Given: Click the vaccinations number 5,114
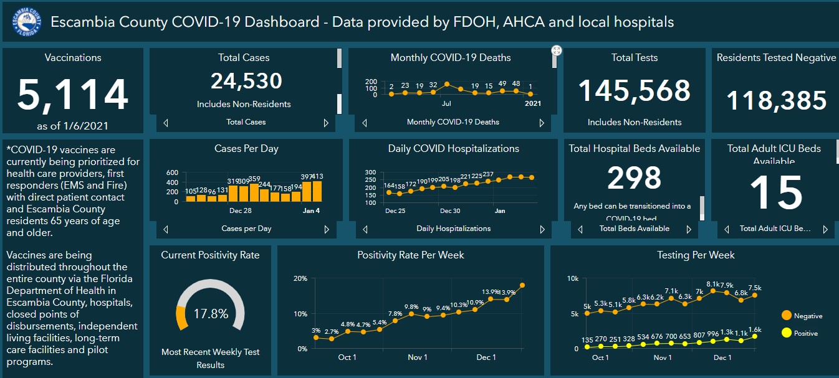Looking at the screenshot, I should (x=73, y=95).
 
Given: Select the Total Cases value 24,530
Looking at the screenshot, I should (x=246, y=81).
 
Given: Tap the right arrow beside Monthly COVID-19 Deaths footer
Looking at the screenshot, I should (x=542, y=123).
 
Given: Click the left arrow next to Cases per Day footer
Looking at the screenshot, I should (x=166, y=229).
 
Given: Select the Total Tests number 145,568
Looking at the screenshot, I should (x=635, y=91).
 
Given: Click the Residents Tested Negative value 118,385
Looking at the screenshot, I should (x=777, y=100).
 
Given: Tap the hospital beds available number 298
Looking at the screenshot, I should (x=635, y=178).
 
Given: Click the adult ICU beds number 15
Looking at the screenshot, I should (x=775, y=193).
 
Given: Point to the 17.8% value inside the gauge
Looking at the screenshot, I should (x=211, y=313).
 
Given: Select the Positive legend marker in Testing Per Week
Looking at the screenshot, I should (x=787, y=333).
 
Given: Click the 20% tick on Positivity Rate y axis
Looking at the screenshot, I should (x=300, y=278).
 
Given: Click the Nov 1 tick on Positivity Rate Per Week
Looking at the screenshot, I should (x=417, y=357).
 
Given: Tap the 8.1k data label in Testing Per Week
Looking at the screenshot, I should (x=713, y=284).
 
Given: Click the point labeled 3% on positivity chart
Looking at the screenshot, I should (x=316, y=338).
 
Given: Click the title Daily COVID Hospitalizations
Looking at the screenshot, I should (x=453, y=149).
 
